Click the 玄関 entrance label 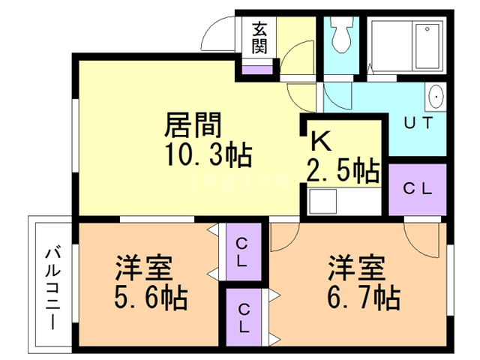tap(259, 37)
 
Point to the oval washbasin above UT tap(435, 97)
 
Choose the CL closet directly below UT tap(417, 188)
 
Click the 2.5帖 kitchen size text tap(342, 169)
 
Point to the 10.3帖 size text tap(208, 155)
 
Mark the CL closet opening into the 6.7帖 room tap(244, 316)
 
